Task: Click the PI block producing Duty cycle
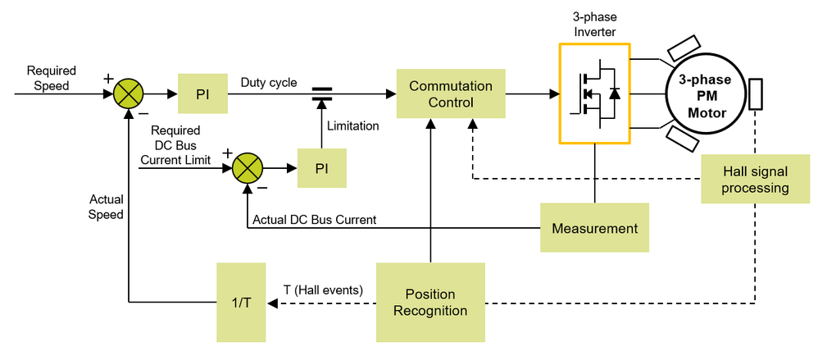(202, 94)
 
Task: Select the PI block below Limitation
(321, 168)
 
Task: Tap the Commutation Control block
(450, 93)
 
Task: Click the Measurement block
(594, 228)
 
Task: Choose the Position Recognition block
(430, 302)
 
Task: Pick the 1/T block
(241, 302)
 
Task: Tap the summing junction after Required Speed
(127, 93)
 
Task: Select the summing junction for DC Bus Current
(246, 168)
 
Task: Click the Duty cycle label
(269, 83)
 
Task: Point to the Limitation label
(352, 125)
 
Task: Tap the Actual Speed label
(107, 207)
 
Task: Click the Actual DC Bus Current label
(314, 219)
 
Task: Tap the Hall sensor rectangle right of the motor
(756, 93)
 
